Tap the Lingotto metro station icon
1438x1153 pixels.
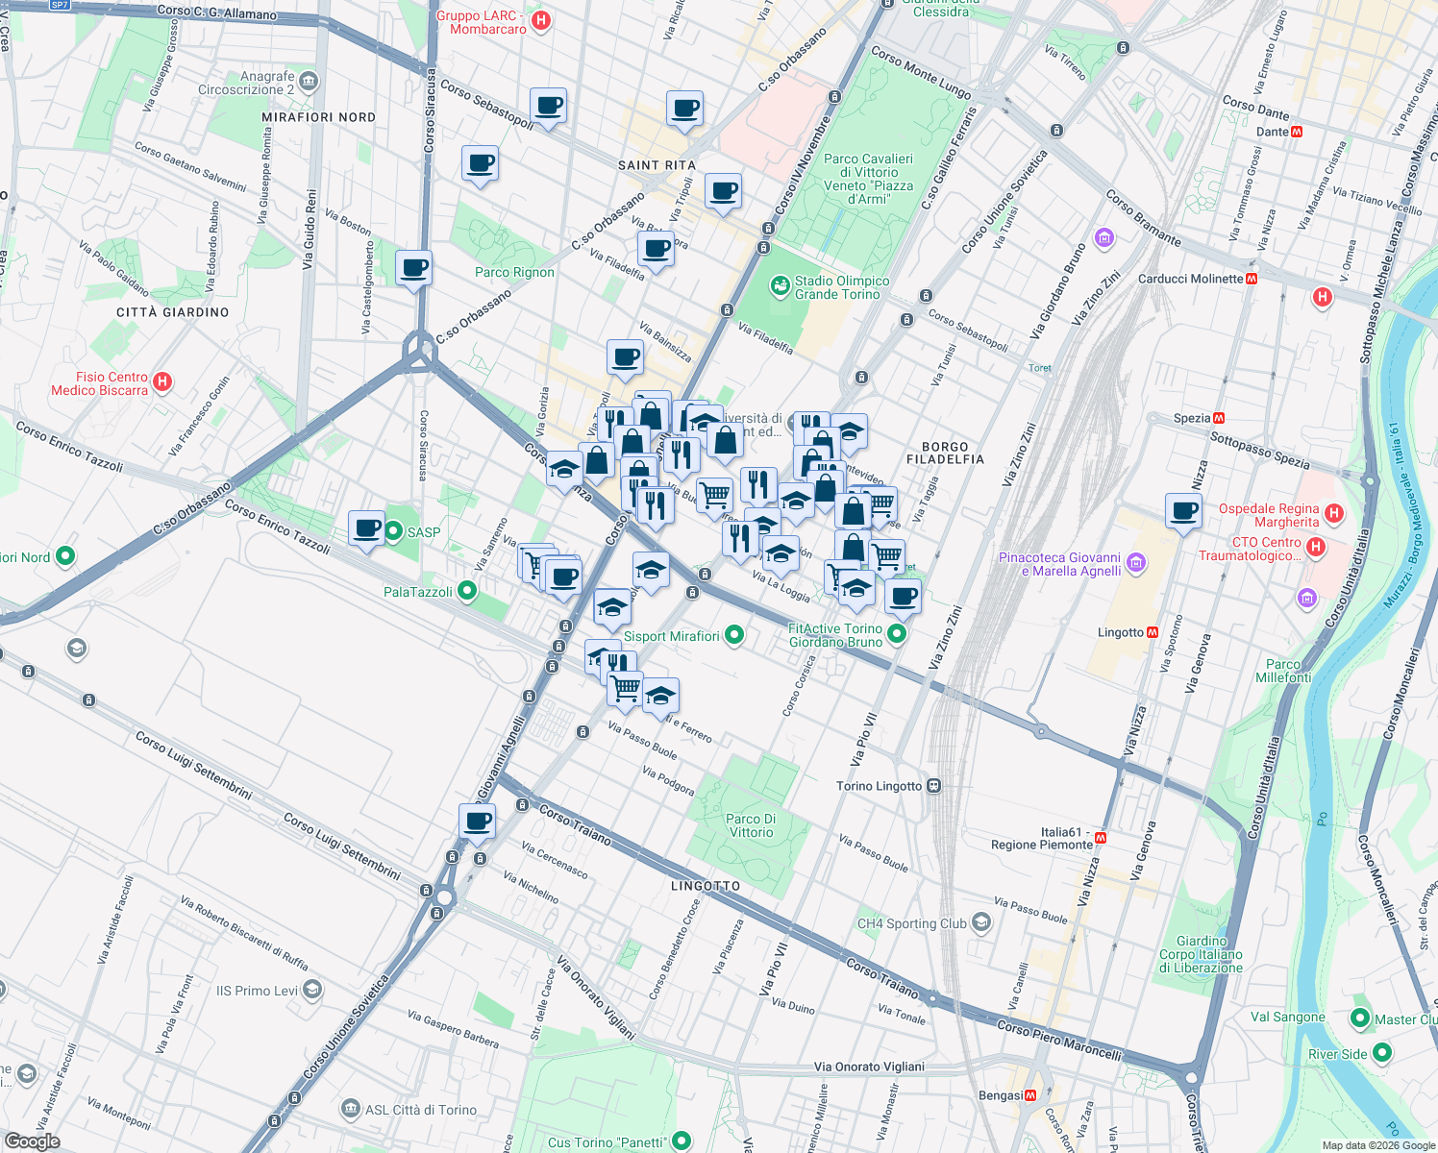click(1153, 632)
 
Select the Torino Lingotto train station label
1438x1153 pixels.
click(879, 786)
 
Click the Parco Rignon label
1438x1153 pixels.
click(514, 272)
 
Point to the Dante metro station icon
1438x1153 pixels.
click(1297, 132)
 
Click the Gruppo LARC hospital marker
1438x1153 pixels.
click(541, 20)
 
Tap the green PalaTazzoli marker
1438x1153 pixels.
click(467, 591)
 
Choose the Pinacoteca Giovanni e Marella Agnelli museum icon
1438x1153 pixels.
click(1136, 562)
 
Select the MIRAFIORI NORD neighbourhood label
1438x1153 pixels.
click(318, 117)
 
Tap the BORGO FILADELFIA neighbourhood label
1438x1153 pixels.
click(945, 453)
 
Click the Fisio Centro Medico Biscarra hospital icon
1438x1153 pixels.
click(162, 381)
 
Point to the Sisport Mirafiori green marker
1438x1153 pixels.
click(734, 635)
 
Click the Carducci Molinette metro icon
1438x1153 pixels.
click(1252, 279)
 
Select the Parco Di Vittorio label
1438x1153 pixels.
click(751, 825)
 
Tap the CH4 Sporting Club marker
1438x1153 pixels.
click(980, 923)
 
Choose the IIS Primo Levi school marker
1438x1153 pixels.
click(311, 991)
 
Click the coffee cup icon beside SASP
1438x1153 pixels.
click(366, 527)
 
